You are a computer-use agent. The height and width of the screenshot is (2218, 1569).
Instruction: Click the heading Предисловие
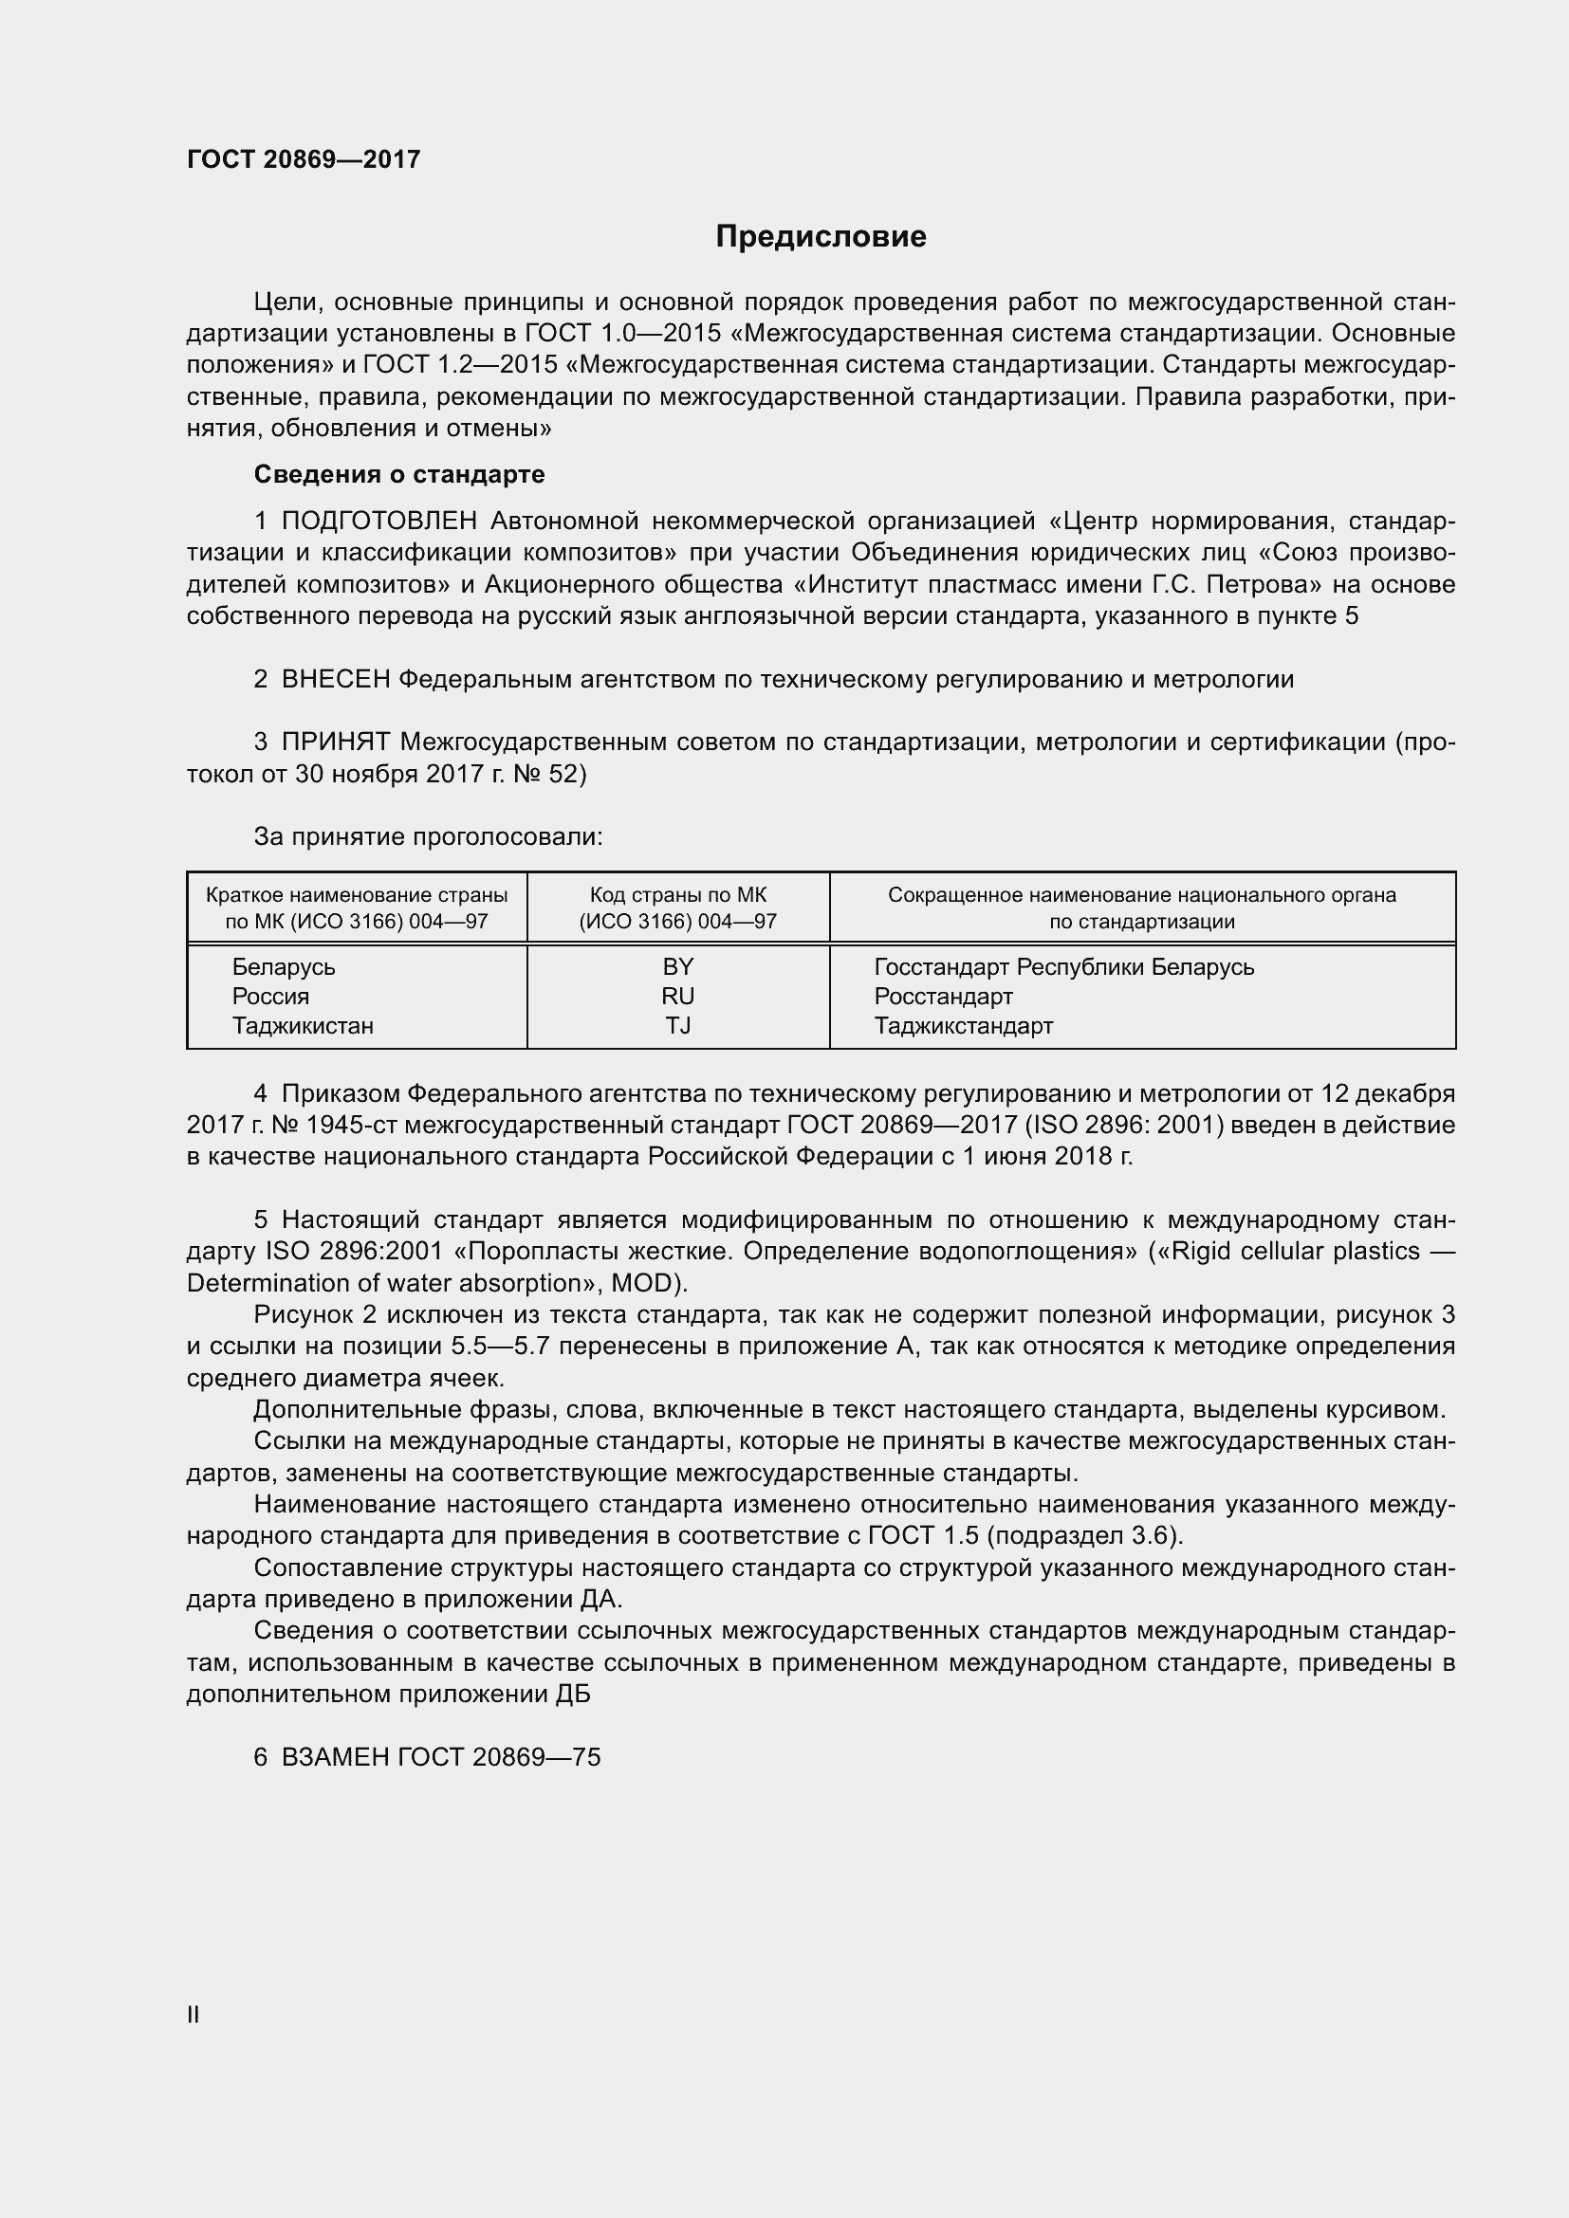(x=821, y=237)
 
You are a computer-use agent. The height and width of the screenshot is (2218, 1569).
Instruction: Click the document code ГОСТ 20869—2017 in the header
(x=304, y=159)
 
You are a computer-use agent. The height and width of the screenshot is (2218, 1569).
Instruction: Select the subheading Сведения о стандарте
(x=399, y=474)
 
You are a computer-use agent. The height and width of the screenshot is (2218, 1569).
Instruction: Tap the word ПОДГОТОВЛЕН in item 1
(x=379, y=522)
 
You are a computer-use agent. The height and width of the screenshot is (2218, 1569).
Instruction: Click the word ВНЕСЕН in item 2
(x=335, y=679)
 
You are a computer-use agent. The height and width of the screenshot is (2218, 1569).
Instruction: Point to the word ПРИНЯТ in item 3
(x=335, y=742)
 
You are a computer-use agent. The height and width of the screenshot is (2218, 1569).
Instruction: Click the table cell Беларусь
(x=283, y=967)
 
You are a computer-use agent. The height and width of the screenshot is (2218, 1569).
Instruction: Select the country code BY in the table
(x=678, y=967)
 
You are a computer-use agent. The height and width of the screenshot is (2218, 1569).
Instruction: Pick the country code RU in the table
(x=678, y=996)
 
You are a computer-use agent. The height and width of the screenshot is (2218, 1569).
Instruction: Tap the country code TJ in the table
(x=678, y=1026)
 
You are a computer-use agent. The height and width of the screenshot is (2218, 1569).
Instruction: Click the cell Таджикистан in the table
(x=303, y=1026)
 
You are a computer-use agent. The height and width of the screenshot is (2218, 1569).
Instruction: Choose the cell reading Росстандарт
(x=943, y=996)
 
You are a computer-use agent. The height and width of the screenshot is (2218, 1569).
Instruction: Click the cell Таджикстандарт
(x=963, y=1026)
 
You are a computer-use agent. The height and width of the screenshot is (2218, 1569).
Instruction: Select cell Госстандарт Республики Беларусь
(x=1063, y=967)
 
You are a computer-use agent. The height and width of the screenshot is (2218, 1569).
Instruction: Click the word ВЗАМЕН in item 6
(x=334, y=1757)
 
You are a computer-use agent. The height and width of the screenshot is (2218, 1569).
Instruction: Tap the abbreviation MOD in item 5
(x=655, y=1284)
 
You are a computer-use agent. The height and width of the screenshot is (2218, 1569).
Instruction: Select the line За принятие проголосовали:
(x=428, y=836)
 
